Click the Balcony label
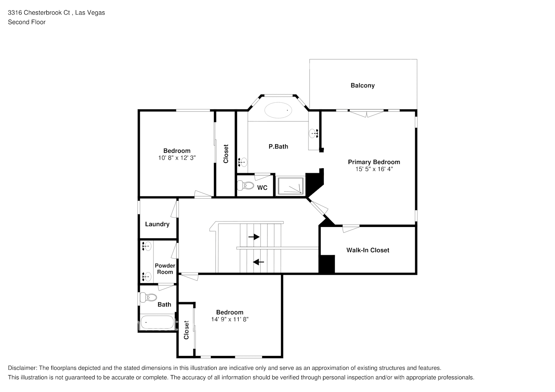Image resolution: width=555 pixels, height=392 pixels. click(362, 85)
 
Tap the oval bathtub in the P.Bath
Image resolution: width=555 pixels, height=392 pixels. click(279, 110)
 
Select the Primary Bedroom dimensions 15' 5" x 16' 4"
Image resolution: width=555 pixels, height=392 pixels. click(374, 169)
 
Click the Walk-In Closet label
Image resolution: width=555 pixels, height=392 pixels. click(367, 250)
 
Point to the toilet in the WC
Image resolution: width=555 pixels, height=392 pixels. click(246, 185)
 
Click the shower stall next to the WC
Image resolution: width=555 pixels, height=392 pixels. click(290, 186)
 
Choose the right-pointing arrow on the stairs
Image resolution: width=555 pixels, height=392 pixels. click(254, 237)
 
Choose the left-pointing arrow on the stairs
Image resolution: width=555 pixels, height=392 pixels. click(259, 262)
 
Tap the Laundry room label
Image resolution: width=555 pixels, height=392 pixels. click(157, 224)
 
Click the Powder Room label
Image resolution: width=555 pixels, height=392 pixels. click(165, 269)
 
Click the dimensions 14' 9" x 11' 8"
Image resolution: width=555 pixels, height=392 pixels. click(230, 319)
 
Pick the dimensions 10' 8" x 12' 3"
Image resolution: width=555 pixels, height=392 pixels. click(177, 158)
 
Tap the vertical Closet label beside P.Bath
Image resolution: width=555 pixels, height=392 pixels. click(226, 154)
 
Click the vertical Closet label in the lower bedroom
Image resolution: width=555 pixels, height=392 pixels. click(186, 330)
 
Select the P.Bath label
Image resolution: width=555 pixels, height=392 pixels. click(278, 147)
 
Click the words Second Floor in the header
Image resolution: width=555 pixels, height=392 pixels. click(27, 22)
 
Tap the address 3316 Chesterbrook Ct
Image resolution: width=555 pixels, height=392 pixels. click(39, 13)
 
